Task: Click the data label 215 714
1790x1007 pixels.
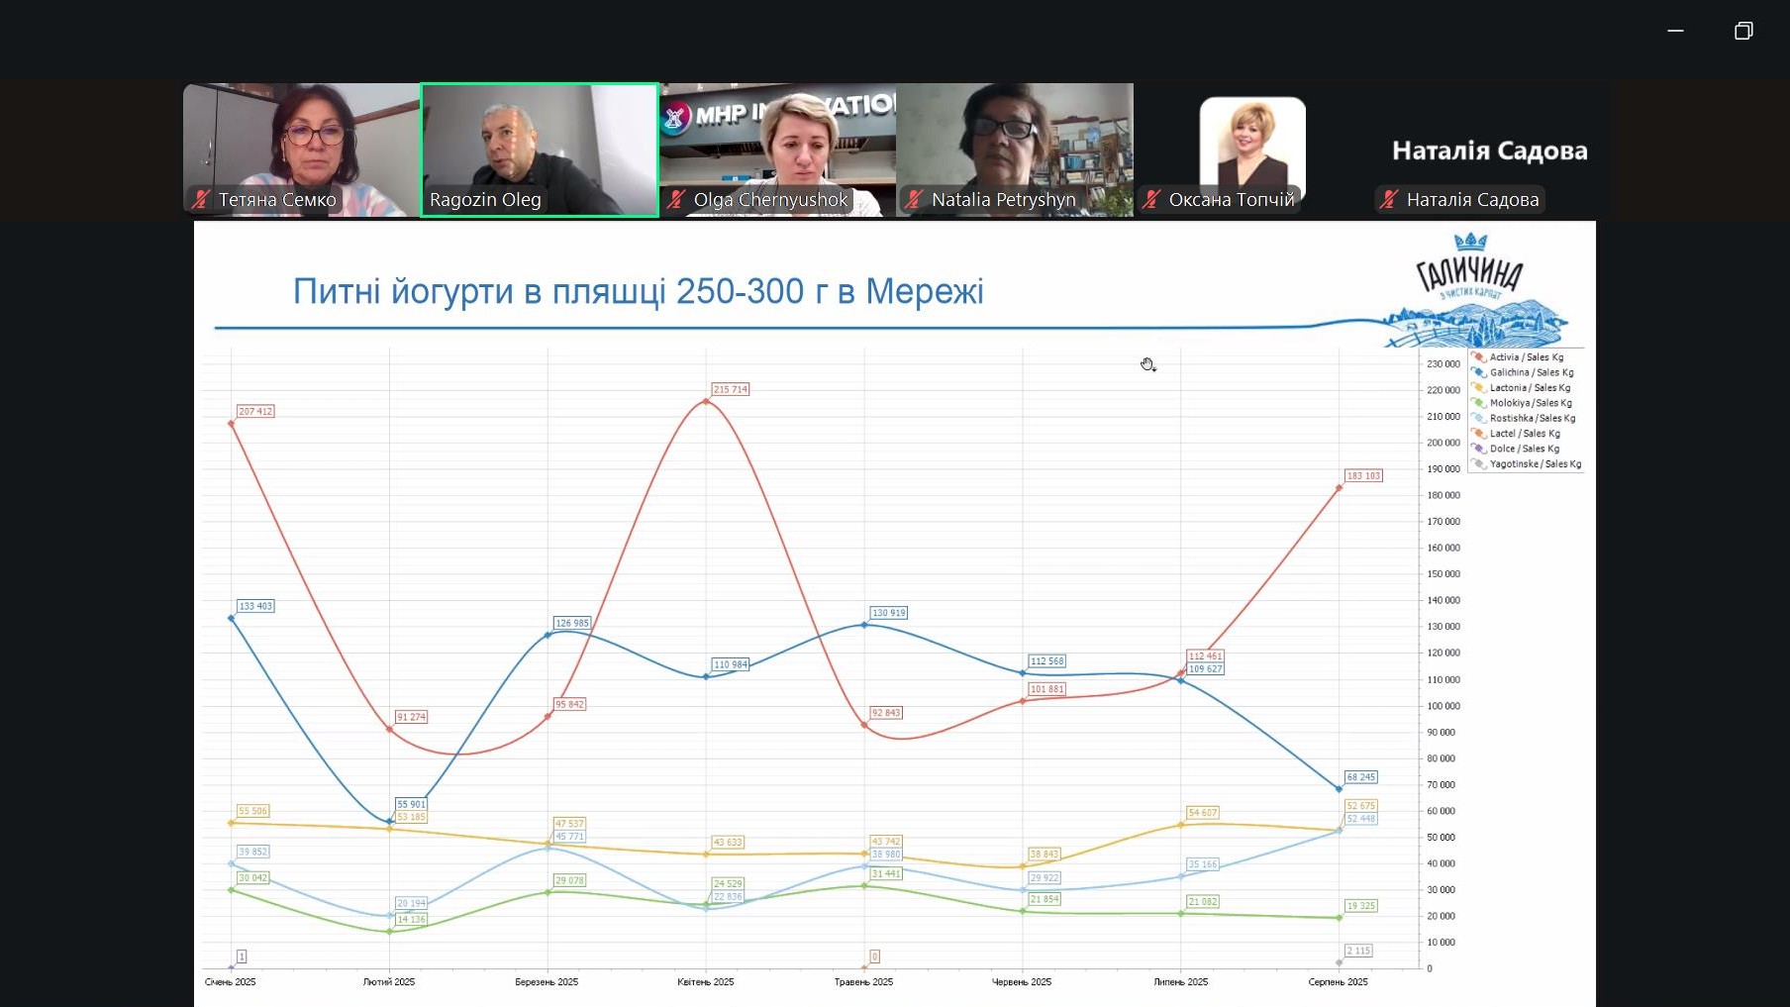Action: pos(731,389)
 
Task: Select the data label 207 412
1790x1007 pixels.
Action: pos(255,411)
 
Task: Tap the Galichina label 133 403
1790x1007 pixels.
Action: pos(255,606)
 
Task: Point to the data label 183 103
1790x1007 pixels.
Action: pos(1363,475)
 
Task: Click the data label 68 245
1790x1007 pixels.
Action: pos(1360,777)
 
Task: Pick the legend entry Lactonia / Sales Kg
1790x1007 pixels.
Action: pos(1530,388)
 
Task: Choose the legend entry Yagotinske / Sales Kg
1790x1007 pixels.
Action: pos(1535,463)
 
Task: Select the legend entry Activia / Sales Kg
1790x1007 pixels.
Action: pos(1526,357)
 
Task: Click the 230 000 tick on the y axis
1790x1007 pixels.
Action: pos(1442,364)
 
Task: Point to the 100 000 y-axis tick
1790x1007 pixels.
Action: pos(1442,706)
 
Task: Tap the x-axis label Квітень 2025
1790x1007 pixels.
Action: pos(705,982)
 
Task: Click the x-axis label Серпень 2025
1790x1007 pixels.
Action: pos(1338,982)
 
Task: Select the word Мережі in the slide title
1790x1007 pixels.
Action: pos(925,292)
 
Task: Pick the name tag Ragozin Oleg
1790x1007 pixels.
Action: pos(485,200)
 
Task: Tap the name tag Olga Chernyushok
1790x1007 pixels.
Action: pos(770,200)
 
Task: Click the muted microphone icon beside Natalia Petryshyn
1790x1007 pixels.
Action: pos(914,200)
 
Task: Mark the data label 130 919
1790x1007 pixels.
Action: pos(888,613)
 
